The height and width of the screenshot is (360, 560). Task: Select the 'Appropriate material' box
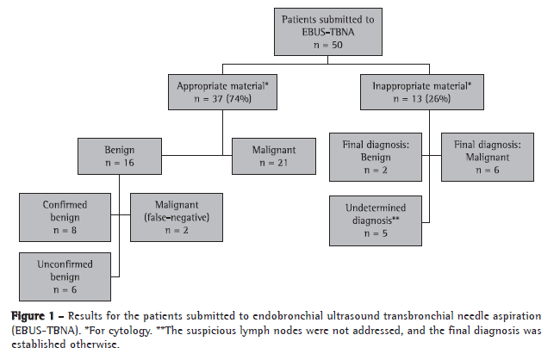[x=224, y=92]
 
